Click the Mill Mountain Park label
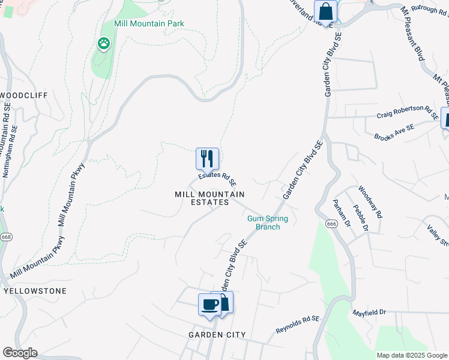(149, 23)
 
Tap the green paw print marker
(103, 43)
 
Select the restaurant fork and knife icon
(207, 158)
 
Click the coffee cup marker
(209, 304)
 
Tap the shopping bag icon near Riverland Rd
(325, 12)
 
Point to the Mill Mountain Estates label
(209, 198)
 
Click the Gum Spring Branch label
(268, 223)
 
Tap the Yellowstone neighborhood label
(35, 290)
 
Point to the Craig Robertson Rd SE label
(408, 113)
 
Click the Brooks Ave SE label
(394, 133)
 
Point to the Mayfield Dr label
(369, 313)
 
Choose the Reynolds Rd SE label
(297, 326)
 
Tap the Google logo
(20, 353)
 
